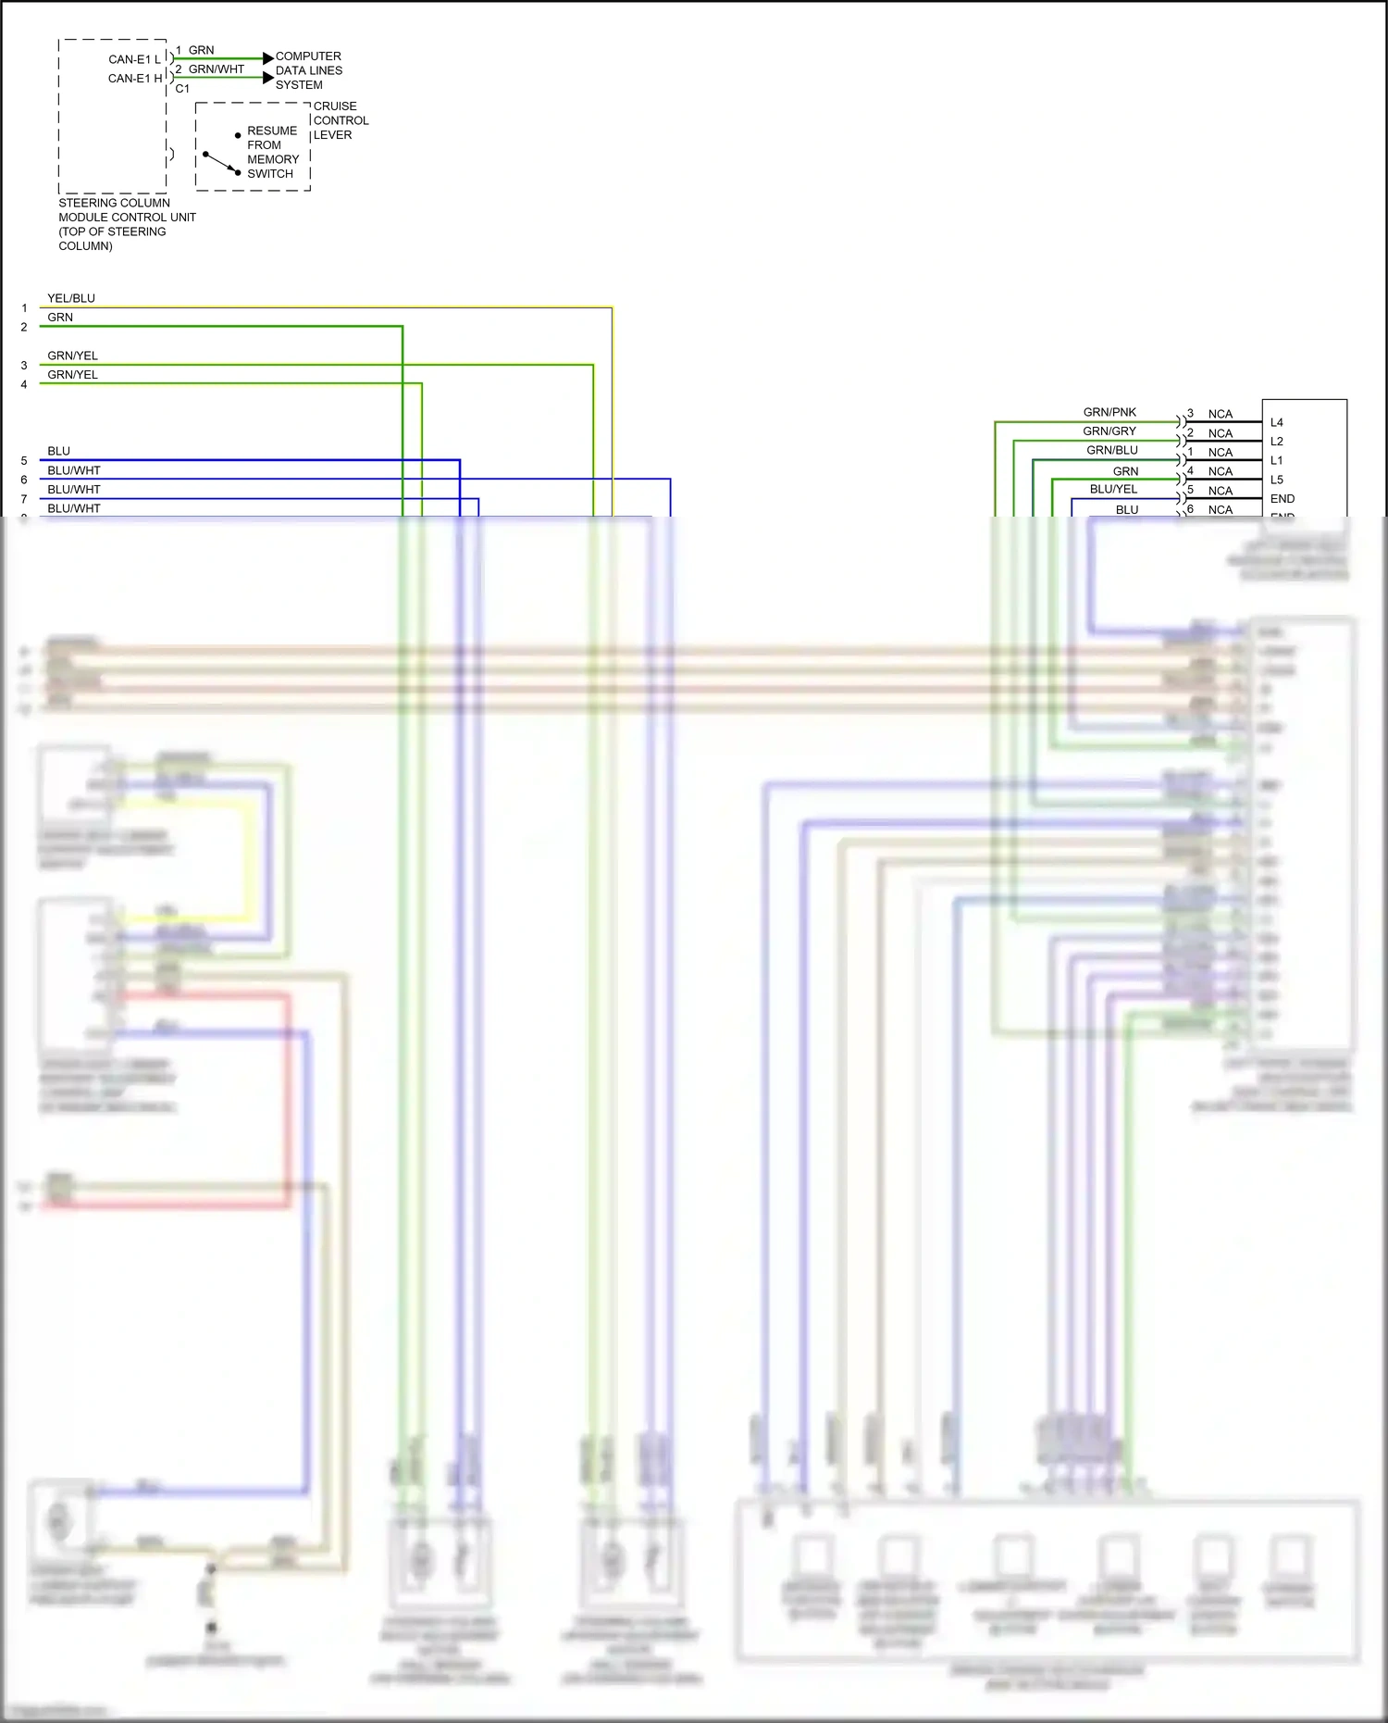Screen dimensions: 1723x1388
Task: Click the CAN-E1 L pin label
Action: click(x=134, y=59)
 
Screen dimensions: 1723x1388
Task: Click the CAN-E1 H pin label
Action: click(x=135, y=79)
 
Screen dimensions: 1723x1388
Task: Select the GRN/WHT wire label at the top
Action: click(x=217, y=69)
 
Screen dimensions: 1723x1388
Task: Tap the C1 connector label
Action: click(x=182, y=89)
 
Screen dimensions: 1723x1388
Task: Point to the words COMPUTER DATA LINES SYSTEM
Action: click(x=308, y=70)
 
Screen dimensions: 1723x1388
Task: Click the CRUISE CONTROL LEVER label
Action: click(x=341, y=120)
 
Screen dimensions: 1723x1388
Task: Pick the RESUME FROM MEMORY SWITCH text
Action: click(x=272, y=152)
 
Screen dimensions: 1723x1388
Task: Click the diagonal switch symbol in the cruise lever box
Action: click(x=221, y=163)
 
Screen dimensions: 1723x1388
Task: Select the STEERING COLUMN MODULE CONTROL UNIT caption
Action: click(x=127, y=224)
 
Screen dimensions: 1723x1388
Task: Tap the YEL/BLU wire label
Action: click(x=71, y=298)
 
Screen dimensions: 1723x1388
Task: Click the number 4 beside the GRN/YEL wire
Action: click(x=24, y=384)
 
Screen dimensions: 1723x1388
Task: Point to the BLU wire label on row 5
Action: click(x=59, y=451)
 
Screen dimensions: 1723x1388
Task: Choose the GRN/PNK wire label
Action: click(x=1109, y=412)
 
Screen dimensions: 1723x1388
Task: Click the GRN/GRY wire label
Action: click(x=1109, y=431)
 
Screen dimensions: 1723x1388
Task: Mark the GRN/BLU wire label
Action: click(x=1112, y=450)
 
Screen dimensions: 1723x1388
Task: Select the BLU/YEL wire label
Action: click(x=1113, y=489)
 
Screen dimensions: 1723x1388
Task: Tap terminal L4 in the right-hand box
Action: click(x=1277, y=422)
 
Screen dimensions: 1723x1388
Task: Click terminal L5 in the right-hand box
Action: click(x=1277, y=480)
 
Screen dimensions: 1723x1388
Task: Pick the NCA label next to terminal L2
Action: click(x=1221, y=433)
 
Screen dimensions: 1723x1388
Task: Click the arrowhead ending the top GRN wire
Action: click(x=268, y=58)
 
